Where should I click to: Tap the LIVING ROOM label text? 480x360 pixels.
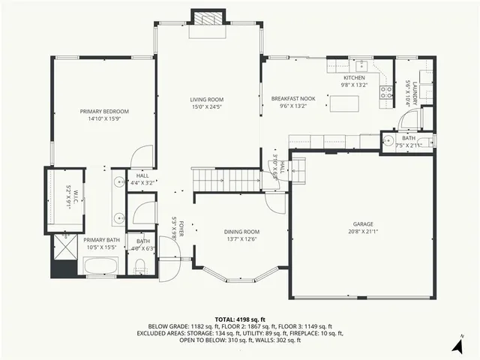[206, 99]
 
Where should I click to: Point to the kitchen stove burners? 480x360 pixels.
[387, 92]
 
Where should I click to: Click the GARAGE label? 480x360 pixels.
[363, 223]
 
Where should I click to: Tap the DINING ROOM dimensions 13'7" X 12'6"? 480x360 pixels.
[241, 239]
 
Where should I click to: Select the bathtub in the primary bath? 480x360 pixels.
[100, 266]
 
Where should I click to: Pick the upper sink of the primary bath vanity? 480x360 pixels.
[119, 182]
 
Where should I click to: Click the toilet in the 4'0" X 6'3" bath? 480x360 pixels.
[140, 265]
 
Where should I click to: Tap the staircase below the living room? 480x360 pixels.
[225, 180]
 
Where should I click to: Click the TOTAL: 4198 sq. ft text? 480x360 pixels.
[240, 319]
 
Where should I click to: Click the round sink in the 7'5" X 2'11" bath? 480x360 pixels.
[389, 140]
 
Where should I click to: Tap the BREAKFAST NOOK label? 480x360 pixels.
[293, 99]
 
